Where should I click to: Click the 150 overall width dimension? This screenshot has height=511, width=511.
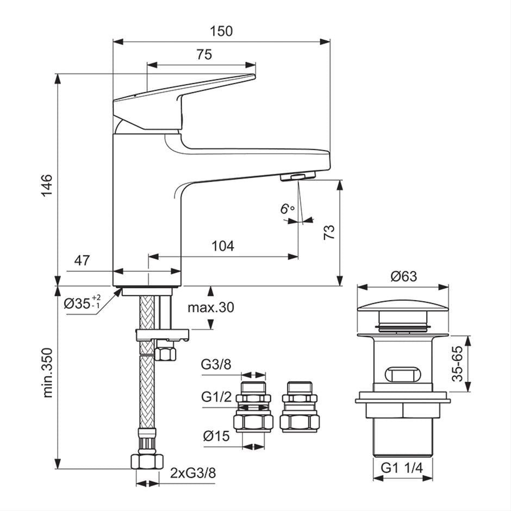221,31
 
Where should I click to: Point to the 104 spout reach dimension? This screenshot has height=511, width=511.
223,246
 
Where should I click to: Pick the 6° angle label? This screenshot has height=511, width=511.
288,209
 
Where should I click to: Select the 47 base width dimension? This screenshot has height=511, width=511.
82,260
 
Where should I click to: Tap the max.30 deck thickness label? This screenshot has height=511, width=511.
210,307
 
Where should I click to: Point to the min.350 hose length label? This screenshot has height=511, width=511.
48,372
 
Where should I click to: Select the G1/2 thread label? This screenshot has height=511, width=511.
216,397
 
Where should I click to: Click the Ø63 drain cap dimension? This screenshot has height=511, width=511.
403,276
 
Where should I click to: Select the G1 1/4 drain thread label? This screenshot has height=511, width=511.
401,468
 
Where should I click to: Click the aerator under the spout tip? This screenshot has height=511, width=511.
297,176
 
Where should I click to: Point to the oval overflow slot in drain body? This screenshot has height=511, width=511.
403,375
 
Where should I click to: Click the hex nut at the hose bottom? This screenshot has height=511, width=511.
147,461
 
